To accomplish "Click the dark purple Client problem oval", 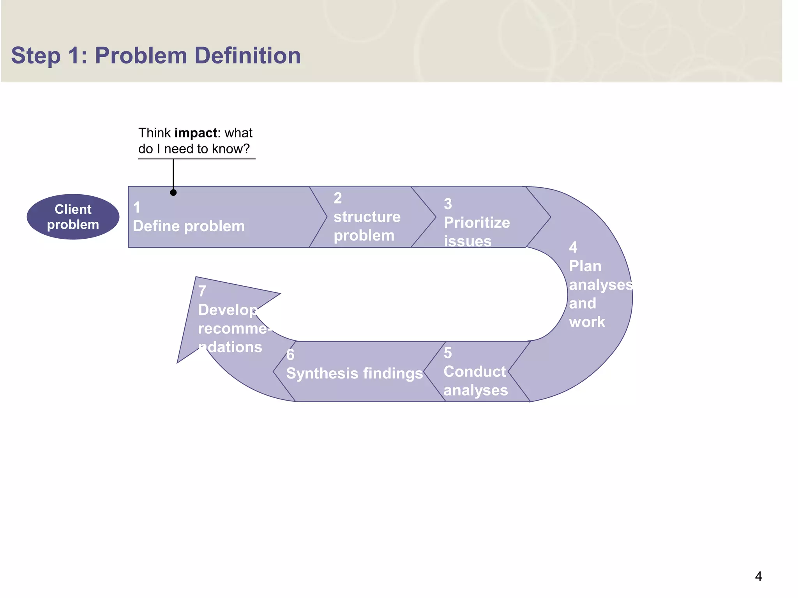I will click(73, 217).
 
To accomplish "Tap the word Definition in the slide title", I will click(247, 55).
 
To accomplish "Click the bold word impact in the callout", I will click(196, 133).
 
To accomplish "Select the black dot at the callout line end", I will click(173, 192).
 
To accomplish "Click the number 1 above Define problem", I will click(136, 208).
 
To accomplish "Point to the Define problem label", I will click(189, 226).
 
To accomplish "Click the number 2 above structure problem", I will click(337, 198).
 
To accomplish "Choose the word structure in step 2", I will click(367, 217).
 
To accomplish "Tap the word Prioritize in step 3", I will click(477, 223).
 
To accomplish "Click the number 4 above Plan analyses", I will click(573, 248).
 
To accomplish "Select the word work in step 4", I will click(586, 322).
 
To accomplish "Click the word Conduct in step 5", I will click(474, 372).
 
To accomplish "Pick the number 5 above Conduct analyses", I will click(448, 353).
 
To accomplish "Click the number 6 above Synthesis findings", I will click(290, 355).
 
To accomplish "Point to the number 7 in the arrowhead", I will click(202, 291).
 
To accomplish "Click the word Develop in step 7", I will click(227, 310).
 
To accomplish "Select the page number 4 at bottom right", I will click(758, 576).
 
